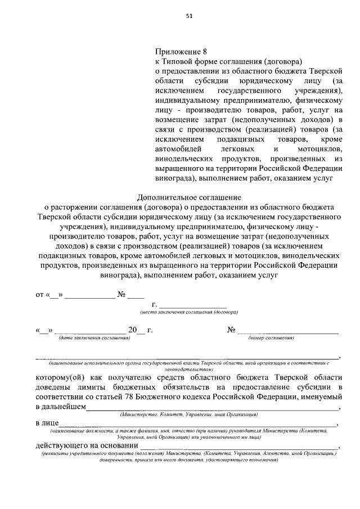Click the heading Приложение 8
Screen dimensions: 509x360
[177, 51]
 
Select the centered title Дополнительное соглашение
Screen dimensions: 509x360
[189, 197]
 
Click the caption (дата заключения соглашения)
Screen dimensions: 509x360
[94, 338]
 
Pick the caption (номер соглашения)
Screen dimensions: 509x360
[273, 338]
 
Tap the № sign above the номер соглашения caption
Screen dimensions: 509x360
[231, 330]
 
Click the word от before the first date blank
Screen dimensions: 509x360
[39, 294]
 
